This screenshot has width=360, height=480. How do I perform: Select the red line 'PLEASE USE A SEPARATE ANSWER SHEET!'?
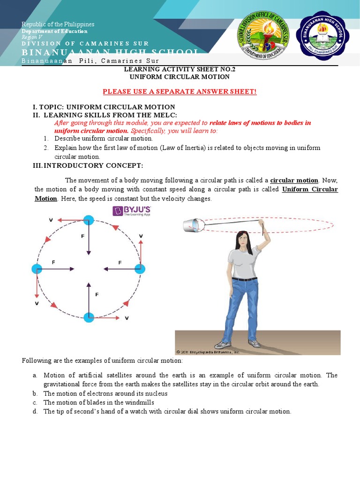(x=180, y=91)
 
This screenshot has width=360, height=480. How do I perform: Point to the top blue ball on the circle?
(x=89, y=220)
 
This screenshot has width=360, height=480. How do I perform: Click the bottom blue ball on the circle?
(x=89, y=317)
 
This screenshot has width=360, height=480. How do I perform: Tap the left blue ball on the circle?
(x=37, y=269)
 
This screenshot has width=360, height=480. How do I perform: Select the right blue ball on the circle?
(x=140, y=269)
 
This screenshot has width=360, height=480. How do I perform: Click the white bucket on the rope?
(x=193, y=225)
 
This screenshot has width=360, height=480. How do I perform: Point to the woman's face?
(x=242, y=239)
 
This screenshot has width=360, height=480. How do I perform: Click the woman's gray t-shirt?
(x=244, y=262)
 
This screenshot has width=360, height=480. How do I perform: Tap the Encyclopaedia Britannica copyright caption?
(x=208, y=352)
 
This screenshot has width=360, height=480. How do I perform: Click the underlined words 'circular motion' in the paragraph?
(x=294, y=180)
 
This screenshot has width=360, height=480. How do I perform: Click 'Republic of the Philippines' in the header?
(x=58, y=24)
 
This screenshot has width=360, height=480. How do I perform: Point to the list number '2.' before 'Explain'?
(x=46, y=148)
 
